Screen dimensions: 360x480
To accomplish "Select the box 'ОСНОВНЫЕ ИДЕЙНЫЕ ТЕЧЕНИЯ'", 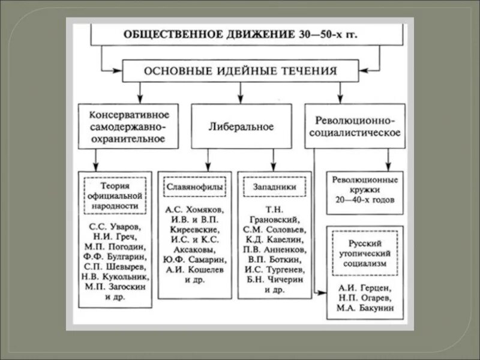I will [x=240, y=71].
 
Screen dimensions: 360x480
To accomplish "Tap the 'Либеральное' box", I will [x=241, y=127].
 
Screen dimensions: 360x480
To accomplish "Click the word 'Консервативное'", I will [x=128, y=114].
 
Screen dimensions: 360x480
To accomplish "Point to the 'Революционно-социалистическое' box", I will [x=355, y=127].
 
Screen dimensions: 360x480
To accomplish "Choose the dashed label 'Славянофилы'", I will [x=194, y=187].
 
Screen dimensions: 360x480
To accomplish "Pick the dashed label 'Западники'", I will [x=274, y=187].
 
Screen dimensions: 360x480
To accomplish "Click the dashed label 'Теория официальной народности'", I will [x=115, y=196].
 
